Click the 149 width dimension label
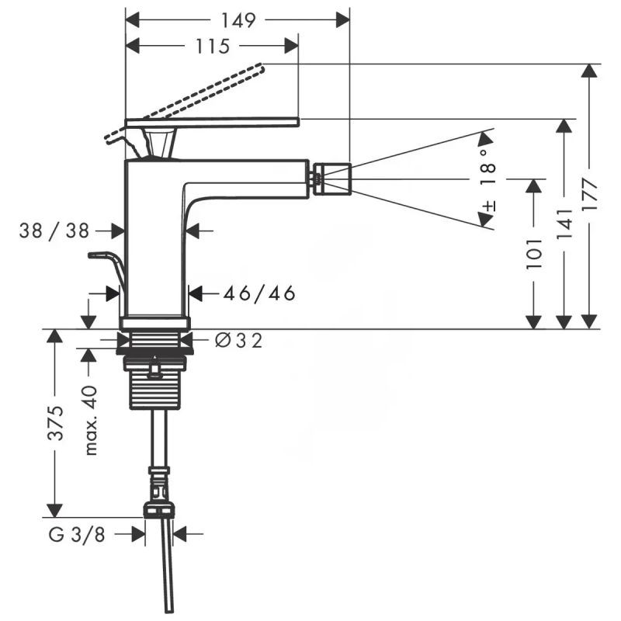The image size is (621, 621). [238, 20]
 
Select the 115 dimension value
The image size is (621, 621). [213, 47]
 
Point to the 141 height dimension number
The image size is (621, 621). [564, 224]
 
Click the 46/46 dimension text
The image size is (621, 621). [259, 294]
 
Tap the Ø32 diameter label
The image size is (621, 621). [238, 340]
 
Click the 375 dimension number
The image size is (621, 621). [54, 423]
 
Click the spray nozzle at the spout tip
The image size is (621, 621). [331, 179]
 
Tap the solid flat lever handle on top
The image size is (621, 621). [212, 122]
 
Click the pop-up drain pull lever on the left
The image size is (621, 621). [109, 268]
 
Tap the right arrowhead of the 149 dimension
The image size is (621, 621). [342, 20]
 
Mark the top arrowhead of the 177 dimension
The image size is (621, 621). [591, 71]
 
